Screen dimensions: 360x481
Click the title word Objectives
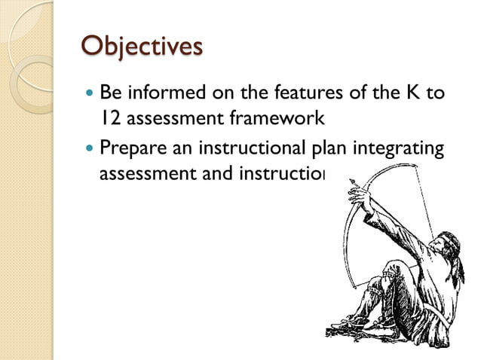coord(141,47)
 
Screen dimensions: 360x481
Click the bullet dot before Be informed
coord(90,94)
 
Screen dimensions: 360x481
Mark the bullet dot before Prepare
coord(90,148)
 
